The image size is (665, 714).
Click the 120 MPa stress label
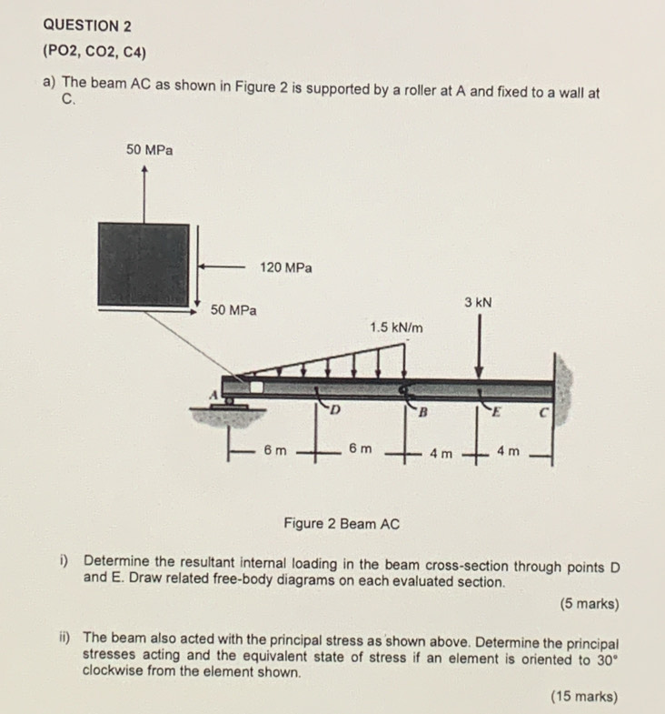285,267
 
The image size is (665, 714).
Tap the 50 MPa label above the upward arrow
149,149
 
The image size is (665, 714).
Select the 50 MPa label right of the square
233,310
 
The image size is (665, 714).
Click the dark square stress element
145,264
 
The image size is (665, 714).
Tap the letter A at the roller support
215,394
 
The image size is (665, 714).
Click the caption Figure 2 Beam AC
341,524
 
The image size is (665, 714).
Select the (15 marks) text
583,697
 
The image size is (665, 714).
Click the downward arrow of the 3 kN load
479,346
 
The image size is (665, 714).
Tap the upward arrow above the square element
145,191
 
